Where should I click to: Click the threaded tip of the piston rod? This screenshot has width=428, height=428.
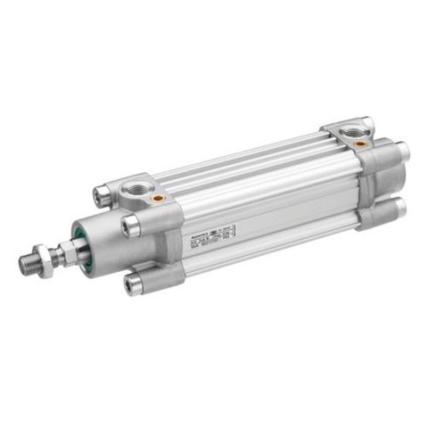click(29, 263)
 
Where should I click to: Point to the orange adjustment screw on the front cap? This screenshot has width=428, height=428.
click(159, 198)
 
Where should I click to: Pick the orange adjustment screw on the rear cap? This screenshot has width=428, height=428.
click(358, 143)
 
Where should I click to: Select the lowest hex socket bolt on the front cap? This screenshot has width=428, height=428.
click(135, 284)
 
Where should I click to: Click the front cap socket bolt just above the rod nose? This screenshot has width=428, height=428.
click(131, 226)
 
